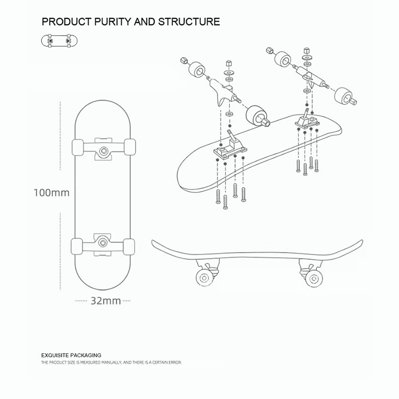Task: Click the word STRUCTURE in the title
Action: coord(189,22)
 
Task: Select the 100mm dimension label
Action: coord(51,193)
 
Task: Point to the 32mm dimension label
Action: coord(105,301)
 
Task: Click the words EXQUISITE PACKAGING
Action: coord(71,355)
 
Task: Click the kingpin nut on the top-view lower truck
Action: coord(104,240)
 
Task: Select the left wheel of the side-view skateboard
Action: coord(203,276)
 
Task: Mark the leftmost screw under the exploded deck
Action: coord(218,197)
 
